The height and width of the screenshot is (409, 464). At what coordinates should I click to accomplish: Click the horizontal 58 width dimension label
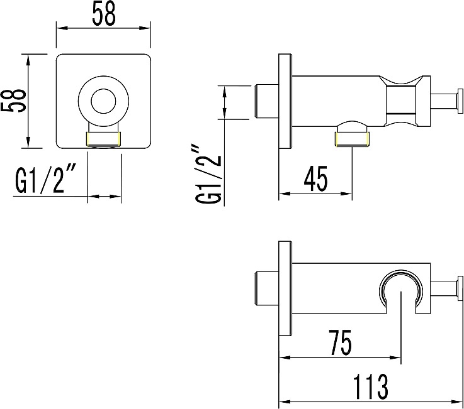[104, 14]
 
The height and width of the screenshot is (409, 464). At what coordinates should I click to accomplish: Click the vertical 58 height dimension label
[14, 101]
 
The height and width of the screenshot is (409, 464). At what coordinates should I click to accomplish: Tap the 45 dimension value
[316, 178]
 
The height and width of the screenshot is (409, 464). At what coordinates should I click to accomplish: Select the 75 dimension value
[341, 342]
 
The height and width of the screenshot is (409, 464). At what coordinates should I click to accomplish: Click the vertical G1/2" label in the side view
[209, 173]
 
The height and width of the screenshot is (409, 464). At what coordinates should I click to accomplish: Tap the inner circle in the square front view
[104, 101]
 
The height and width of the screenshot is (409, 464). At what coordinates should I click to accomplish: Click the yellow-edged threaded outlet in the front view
[104, 139]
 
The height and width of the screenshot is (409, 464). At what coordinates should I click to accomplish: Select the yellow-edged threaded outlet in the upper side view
[352, 139]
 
